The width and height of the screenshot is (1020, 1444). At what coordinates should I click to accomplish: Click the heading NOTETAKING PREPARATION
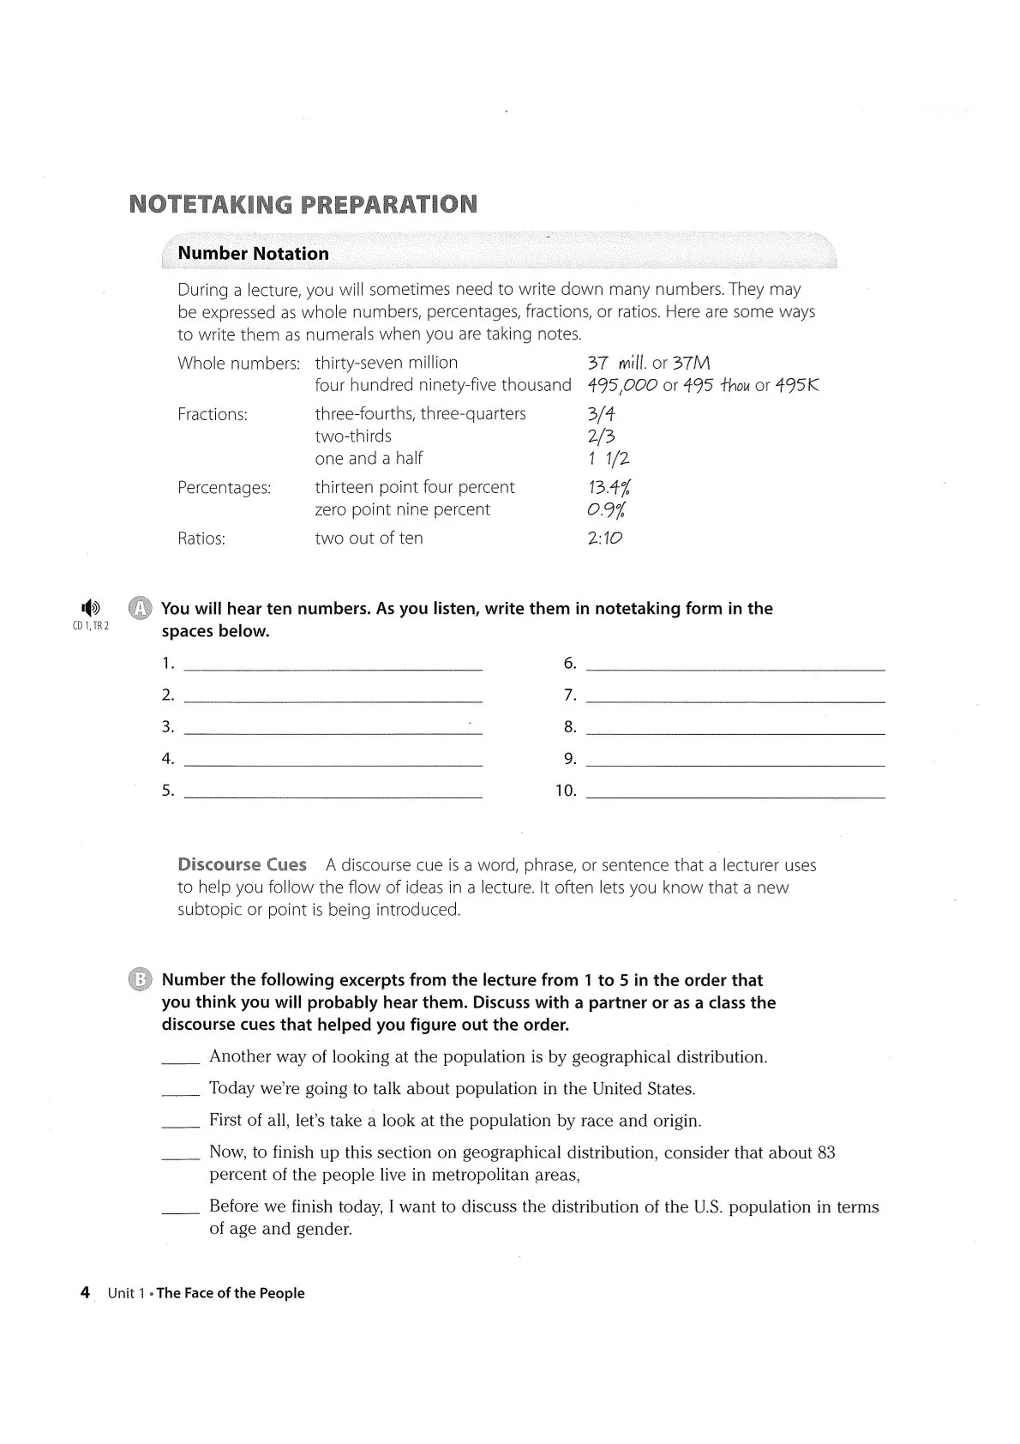coord(303,205)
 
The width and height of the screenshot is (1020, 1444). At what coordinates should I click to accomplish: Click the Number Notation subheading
coord(253,254)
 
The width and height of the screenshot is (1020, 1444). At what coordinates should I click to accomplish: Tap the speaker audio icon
coord(90,607)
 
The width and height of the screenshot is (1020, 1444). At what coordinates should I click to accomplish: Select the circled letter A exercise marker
coord(139,609)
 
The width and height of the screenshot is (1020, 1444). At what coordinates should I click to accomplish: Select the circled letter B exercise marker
coord(139,980)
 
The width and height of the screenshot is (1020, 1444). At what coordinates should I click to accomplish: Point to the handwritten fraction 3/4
coord(602,414)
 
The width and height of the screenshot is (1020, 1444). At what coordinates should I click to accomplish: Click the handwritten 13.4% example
coord(609,488)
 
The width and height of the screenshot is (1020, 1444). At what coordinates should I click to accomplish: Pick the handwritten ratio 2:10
coord(605,538)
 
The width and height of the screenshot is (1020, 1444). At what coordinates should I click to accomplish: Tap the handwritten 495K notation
coord(797,385)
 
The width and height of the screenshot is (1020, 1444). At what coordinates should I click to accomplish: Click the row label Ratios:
coord(201,538)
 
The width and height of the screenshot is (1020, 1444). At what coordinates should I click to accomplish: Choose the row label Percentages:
coord(224,488)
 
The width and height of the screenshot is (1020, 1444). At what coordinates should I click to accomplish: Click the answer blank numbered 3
coord(333,728)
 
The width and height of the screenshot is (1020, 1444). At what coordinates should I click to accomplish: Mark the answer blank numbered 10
coord(735,791)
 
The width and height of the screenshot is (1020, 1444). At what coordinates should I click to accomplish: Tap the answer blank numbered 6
coord(735,664)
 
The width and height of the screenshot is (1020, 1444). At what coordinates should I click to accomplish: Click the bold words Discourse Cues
coord(242,865)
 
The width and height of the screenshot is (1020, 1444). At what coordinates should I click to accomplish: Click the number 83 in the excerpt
coord(826,1152)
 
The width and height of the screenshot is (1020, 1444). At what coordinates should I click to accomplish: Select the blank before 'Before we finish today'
coord(180,1209)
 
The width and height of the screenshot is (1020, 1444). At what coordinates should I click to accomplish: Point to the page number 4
coord(85,1293)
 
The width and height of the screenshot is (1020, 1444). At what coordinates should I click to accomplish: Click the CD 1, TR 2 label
coord(91,626)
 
